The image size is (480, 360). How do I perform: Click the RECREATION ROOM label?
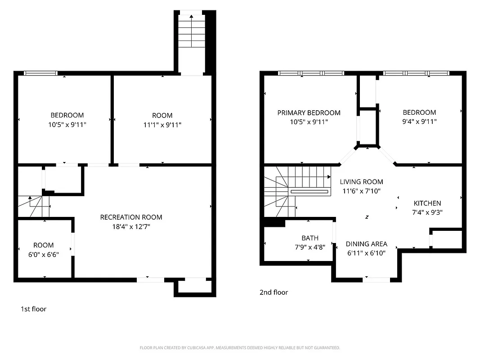point(131,217)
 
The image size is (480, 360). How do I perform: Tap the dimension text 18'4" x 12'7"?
point(131,227)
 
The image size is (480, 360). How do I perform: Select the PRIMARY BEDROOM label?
point(309,112)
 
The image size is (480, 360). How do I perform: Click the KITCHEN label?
point(427,203)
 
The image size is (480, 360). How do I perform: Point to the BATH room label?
point(310,238)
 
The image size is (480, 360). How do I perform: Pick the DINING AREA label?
point(366,244)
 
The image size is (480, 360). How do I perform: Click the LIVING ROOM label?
point(361,182)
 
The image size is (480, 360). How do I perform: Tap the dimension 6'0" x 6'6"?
point(43,254)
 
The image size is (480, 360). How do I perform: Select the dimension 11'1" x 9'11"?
point(162,125)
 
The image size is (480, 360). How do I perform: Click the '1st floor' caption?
point(33,309)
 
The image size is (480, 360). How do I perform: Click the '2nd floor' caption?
point(274,292)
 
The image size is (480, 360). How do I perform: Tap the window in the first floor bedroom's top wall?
point(40,73)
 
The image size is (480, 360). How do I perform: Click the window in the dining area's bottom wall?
point(376,279)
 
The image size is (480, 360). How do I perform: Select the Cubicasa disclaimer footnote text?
point(240,348)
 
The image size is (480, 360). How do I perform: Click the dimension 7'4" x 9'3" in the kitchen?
point(427,213)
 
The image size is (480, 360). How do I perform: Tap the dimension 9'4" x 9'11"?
point(419,121)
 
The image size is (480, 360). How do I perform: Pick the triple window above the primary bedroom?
point(311,73)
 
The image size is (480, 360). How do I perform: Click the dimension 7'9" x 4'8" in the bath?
point(310,247)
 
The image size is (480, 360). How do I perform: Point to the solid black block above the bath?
point(274,222)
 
